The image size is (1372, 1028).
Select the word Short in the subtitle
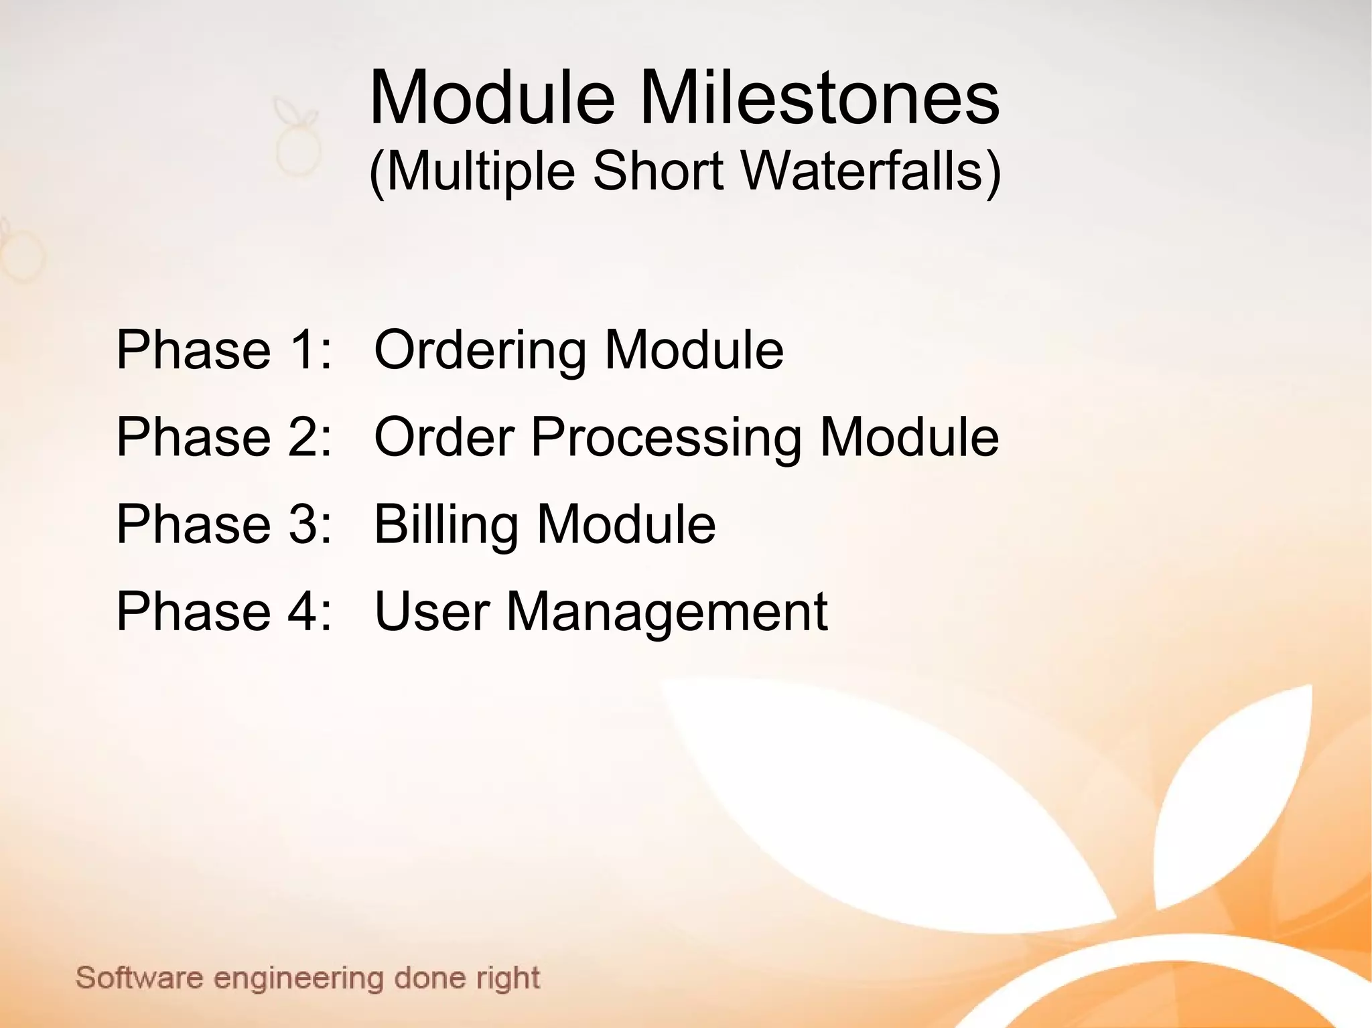[658, 171]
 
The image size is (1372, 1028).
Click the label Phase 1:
[224, 350]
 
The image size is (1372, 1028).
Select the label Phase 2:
[224, 437]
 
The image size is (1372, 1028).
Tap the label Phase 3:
[224, 524]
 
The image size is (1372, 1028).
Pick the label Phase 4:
[224, 611]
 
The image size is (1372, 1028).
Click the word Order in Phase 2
[444, 437]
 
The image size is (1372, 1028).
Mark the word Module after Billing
[626, 524]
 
